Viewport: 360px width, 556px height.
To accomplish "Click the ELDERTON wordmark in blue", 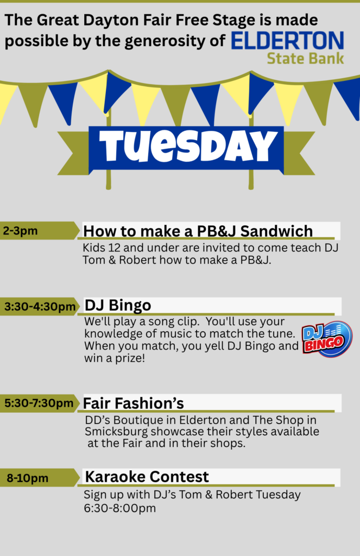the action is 287,40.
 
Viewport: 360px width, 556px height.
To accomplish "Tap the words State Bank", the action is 305,59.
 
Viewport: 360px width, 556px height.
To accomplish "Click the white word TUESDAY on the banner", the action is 188,147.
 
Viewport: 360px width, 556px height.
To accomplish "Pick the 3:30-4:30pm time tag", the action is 40,306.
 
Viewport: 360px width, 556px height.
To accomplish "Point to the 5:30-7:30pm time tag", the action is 40,403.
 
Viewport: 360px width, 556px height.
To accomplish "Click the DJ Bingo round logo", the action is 327,339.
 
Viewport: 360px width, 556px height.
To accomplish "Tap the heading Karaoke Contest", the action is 147,477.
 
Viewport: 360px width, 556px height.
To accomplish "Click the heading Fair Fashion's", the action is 134,403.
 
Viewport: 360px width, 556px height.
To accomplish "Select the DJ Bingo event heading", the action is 118,305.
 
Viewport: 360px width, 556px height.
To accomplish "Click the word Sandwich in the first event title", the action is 276,231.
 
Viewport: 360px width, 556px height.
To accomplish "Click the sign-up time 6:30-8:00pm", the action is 119,508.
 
